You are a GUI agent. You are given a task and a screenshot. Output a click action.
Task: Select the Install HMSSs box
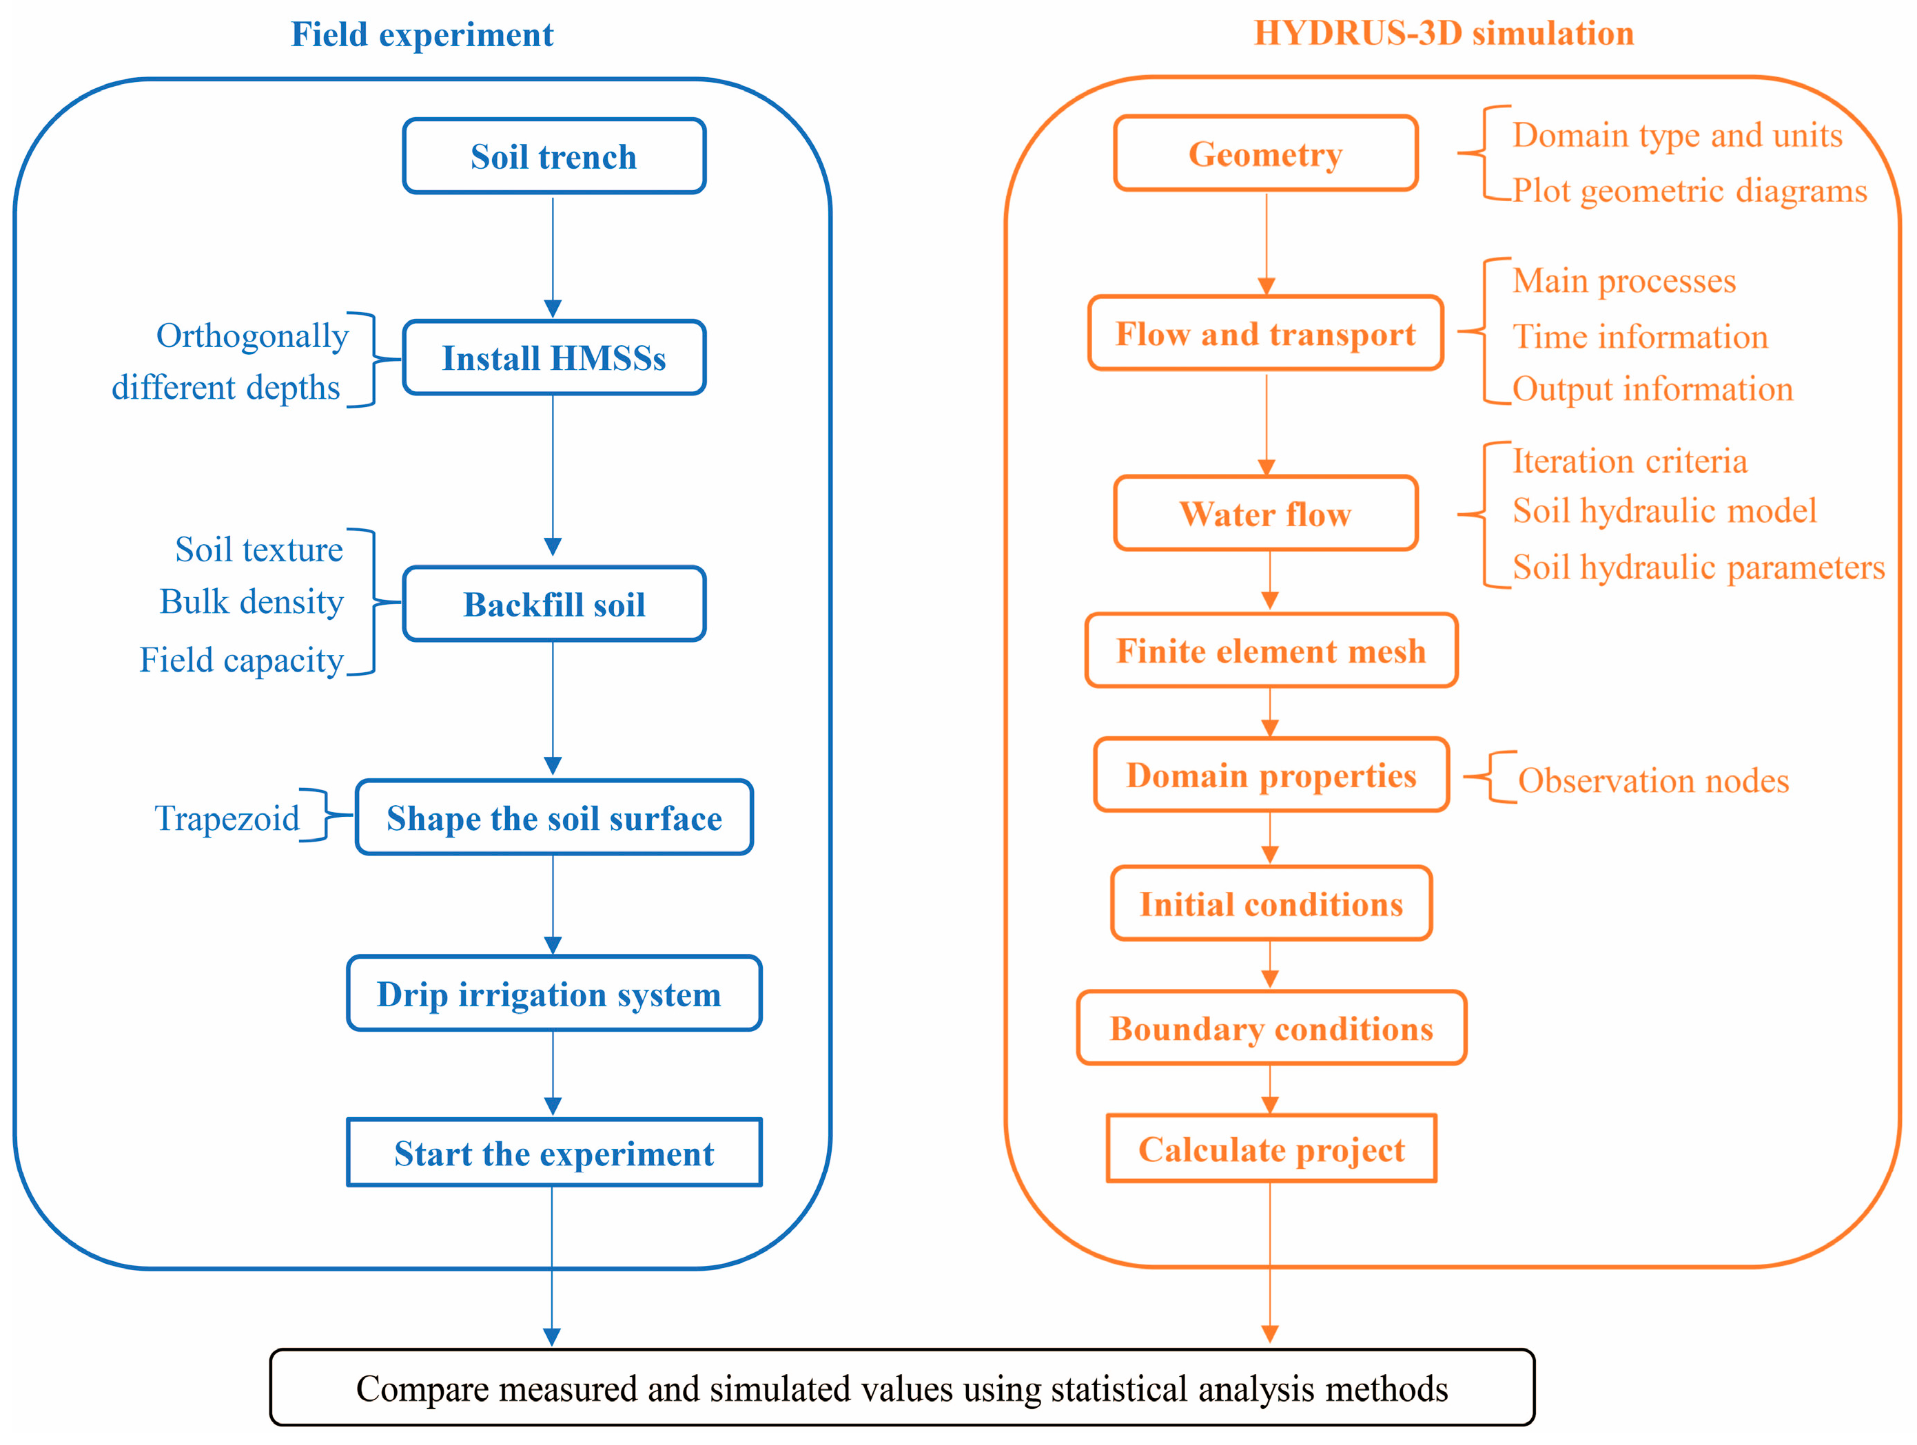[x=554, y=357]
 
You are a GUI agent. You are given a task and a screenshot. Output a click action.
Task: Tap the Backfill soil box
[x=554, y=604]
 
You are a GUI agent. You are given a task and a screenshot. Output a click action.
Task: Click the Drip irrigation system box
[x=554, y=994]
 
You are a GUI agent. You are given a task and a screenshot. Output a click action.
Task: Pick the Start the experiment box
[x=554, y=1153]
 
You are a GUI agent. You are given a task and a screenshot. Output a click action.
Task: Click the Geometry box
[x=1265, y=154]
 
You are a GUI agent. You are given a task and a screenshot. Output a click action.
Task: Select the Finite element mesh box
[x=1271, y=651]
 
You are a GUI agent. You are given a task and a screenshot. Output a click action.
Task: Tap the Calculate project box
[x=1271, y=1149]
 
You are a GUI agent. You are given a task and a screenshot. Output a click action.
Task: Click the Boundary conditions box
[x=1271, y=1028]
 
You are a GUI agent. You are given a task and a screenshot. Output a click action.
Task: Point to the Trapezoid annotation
[x=227, y=818]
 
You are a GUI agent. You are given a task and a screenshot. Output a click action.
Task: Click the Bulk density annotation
[x=252, y=601]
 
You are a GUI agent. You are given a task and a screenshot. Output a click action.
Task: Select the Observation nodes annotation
[x=1652, y=780]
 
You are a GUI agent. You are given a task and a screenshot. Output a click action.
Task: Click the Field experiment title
[x=422, y=34]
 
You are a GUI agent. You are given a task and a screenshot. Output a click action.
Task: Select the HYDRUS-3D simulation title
[x=1444, y=33]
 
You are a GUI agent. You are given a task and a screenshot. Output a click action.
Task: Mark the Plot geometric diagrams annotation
[x=1689, y=191]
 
